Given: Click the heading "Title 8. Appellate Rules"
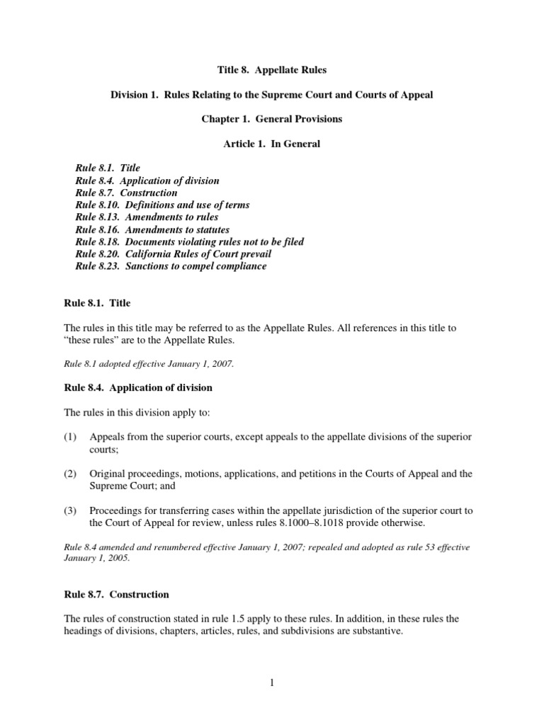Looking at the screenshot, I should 271,70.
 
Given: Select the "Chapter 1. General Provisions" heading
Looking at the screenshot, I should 271,119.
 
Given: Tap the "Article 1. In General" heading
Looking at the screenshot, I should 271,144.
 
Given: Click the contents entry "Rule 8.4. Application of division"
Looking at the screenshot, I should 147,181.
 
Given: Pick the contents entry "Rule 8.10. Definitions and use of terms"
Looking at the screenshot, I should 162,205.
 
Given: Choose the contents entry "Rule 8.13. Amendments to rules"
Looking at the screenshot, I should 147,217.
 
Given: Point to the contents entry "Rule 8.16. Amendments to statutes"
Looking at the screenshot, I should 152,229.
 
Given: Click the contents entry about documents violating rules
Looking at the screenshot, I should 189,241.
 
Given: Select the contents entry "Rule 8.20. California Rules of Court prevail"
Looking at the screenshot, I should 173,253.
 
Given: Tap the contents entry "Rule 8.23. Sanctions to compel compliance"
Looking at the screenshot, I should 171,266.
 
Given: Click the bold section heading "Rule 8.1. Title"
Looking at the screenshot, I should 97,303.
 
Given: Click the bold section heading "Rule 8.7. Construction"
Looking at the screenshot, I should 116,594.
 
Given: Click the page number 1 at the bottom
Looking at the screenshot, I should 271,683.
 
